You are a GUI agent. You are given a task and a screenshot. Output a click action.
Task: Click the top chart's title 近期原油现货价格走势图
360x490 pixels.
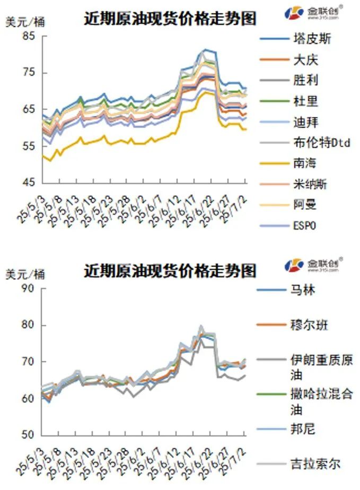[170, 19]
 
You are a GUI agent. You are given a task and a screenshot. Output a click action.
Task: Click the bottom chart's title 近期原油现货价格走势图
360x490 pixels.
[170, 271]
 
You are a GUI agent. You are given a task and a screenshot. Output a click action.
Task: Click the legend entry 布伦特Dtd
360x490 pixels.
[321, 143]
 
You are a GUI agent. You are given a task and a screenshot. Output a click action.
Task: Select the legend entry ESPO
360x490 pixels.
[304, 225]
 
